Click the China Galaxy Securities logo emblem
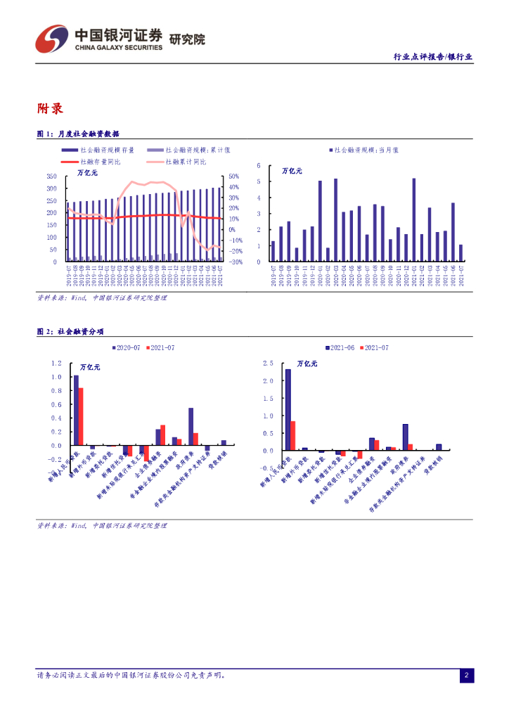tap(52, 39)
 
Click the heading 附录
tap(50, 109)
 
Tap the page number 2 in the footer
tap(465, 676)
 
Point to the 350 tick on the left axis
tap(51, 176)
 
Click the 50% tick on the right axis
tap(234, 176)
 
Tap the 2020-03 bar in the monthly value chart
tap(335, 220)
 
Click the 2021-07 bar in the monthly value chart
tap(460, 253)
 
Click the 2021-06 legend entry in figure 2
tap(340, 348)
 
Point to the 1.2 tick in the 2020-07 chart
tap(57, 364)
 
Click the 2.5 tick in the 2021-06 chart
tap(267, 364)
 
